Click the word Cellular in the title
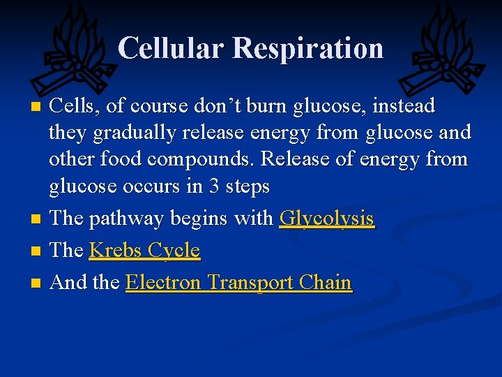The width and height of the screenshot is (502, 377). pyautogui.click(x=171, y=48)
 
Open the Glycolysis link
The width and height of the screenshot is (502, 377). pyautogui.click(x=326, y=219)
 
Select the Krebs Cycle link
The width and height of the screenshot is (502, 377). pyautogui.click(x=144, y=251)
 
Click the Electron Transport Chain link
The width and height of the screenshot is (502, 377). pyautogui.click(x=238, y=283)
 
